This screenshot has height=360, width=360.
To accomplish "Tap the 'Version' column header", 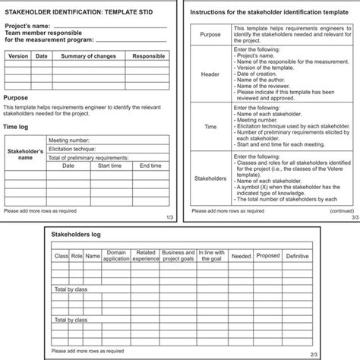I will pyautogui.click(x=18, y=56).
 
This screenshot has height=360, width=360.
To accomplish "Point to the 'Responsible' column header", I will pyautogui.click(x=148, y=56).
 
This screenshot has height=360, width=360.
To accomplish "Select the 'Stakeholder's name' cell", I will pyautogui.click(x=25, y=155).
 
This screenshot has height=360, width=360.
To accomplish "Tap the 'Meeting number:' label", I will pyautogui.click(x=72, y=141).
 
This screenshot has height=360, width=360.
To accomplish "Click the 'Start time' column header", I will pyautogui.click(x=110, y=165).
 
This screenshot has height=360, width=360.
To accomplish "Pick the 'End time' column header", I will pyautogui.click(x=150, y=165).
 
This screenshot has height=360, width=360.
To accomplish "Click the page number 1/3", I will pyautogui.click(x=169, y=219).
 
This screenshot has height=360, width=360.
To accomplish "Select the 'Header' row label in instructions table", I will pyautogui.click(x=210, y=75).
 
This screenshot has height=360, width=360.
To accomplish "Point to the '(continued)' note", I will pyautogui.click(x=341, y=210).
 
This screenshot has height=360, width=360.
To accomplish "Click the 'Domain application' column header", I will pyautogui.click(x=116, y=255).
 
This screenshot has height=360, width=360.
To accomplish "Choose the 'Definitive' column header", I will pyautogui.click(x=297, y=256).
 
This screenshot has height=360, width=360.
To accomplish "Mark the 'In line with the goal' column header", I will pyautogui.click(x=212, y=255).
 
